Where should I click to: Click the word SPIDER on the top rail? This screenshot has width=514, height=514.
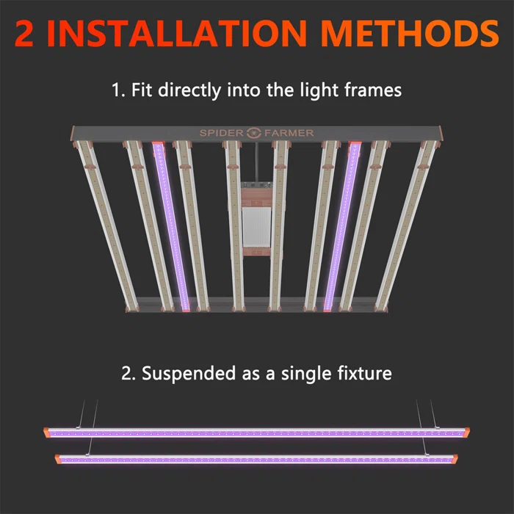[222, 133]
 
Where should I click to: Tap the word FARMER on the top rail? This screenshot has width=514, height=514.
[289, 133]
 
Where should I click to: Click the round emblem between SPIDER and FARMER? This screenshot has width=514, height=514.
[255, 133]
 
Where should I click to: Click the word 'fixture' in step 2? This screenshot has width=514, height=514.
[366, 373]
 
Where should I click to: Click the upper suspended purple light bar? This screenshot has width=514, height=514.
[257, 432]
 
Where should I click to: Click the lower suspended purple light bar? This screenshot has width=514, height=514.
[257, 460]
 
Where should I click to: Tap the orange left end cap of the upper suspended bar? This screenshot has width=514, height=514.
[48, 432]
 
